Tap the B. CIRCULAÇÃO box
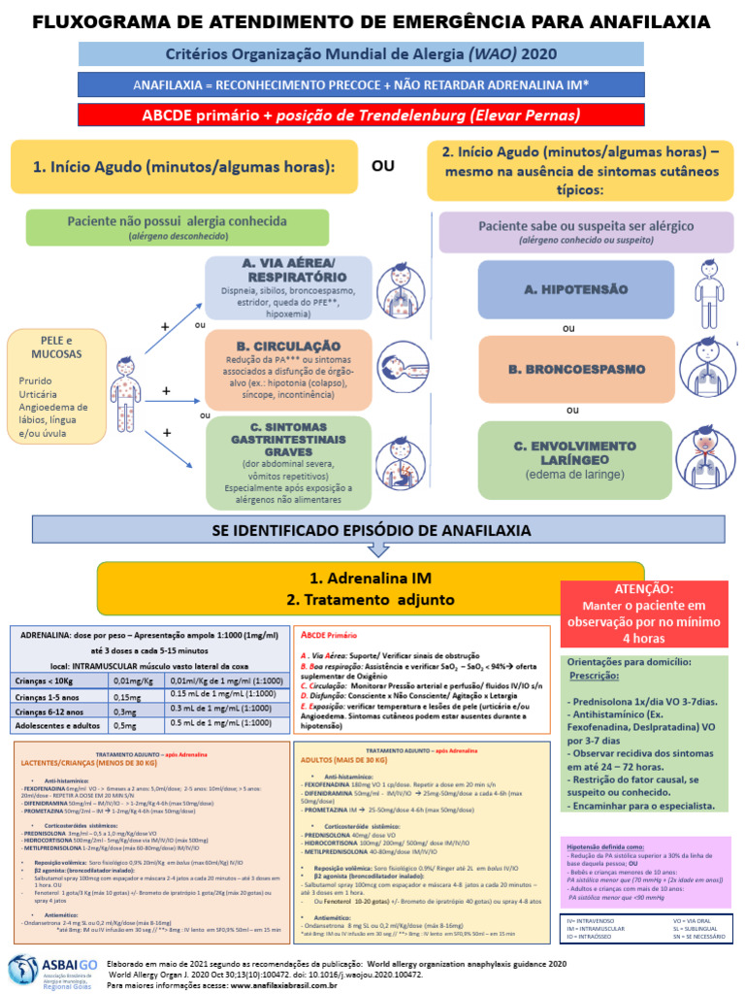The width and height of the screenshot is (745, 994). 288,370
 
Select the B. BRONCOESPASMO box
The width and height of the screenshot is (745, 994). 569,369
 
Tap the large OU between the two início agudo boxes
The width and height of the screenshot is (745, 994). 384,167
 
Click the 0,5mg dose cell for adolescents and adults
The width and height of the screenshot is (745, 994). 123,724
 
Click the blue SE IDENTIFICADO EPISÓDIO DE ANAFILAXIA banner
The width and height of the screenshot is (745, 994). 377,530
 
